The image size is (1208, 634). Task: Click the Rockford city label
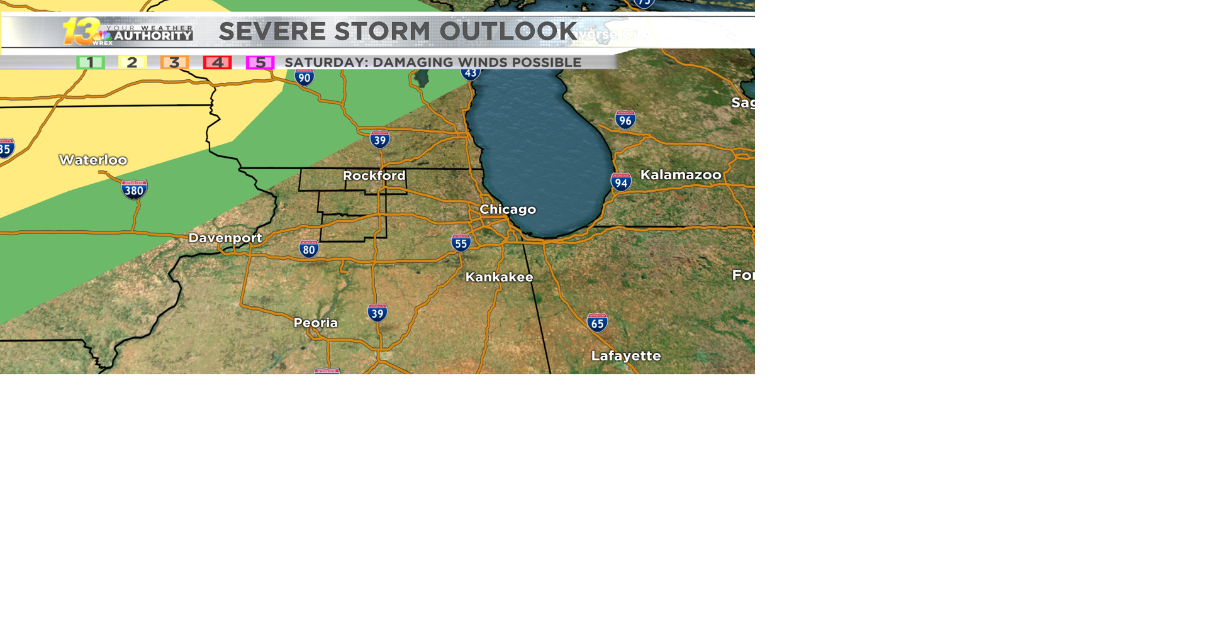(x=374, y=175)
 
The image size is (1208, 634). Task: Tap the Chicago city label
(x=508, y=209)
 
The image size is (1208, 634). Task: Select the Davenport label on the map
(x=225, y=238)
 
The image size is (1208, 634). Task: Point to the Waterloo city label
(x=93, y=160)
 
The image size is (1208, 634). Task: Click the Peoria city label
(x=316, y=323)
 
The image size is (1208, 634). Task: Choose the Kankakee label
(x=499, y=277)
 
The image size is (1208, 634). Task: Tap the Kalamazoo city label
(x=681, y=175)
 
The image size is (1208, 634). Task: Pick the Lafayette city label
(x=626, y=356)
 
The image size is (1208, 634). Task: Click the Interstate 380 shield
(x=134, y=189)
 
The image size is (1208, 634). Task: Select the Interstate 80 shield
(x=308, y=248)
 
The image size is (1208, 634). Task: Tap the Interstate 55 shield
(x=461, y=243)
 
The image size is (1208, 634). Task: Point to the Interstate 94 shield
(x=621, y=182)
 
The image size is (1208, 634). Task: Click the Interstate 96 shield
(x=625, y=120)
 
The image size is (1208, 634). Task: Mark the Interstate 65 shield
(x=597, y=323)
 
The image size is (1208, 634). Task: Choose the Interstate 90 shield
(x=305, y=77)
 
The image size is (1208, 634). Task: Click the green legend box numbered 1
(x=91, y=62)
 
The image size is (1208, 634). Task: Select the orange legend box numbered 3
(x=174, y=62)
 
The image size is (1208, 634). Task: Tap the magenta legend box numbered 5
(x=260, y=62)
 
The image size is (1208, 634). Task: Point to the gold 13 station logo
(x=81, y=31)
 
